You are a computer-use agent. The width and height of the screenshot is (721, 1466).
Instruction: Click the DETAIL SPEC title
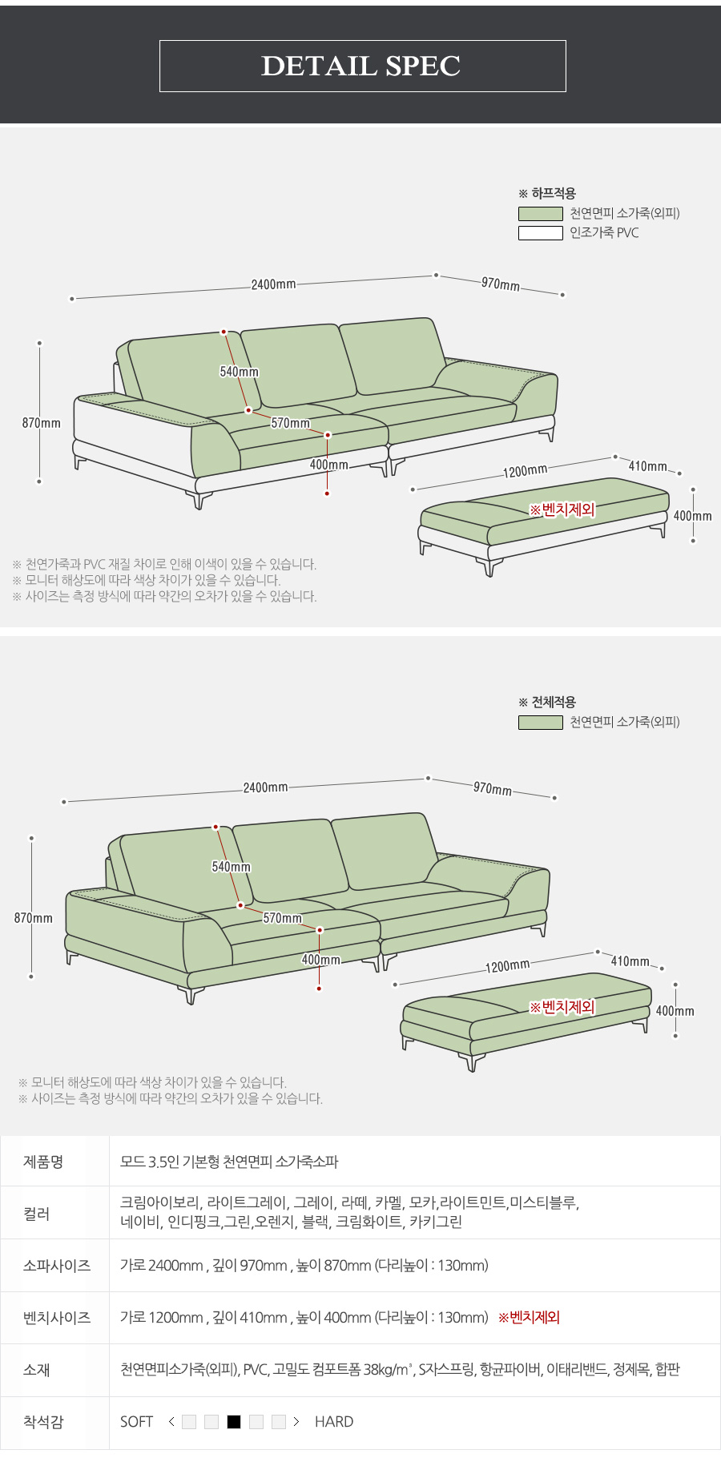coord(361,66)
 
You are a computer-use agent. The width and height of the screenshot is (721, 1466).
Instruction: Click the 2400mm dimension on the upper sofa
coord(273,284)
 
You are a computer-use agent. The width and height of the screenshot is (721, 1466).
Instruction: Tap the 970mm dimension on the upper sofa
coord(500,284)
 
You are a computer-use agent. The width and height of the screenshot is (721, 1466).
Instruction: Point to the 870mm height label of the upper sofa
coord(41,423)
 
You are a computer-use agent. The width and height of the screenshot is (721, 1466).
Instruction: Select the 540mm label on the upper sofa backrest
coord(239,372)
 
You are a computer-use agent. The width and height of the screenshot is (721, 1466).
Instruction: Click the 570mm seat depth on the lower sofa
coord(283,918)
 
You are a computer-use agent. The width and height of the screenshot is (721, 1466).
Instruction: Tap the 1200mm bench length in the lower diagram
coord(507,966)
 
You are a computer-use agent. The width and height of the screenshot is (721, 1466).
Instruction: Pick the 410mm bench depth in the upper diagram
coord(647,466)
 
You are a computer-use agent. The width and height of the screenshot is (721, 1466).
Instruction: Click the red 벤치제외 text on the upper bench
coord(562,509)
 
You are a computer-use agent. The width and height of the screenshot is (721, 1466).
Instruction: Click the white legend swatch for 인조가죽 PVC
coord(540,233)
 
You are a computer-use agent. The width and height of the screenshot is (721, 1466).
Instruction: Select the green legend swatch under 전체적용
coord(540,723)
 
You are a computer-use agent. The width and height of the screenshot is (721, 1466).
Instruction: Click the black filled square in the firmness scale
coord(234,1422)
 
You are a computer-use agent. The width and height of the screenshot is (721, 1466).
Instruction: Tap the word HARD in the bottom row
coord(334,1422)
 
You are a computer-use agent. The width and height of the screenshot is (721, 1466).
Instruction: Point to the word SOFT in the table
coord(136,1422)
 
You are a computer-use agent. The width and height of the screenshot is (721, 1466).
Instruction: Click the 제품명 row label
coord(43,1162)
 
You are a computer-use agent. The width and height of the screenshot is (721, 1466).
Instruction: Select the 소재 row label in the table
coord(37,1370)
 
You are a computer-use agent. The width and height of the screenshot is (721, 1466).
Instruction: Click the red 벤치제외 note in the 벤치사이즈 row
coord(529,1318)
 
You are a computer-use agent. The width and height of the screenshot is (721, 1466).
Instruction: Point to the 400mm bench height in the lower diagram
coord(675,1011)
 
